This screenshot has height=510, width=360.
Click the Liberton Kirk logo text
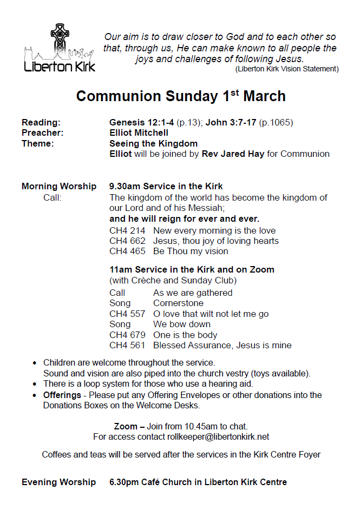click(x=60, y=67)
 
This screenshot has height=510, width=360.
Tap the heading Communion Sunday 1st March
click(x=180, y=96)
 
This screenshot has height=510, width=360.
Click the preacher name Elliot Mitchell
click(x=139, y=133)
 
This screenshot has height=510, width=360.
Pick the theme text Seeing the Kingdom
click(x=153, y=143)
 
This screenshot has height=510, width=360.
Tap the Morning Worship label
click(x=59, y=187)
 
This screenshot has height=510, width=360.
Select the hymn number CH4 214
click(x=127, y=231)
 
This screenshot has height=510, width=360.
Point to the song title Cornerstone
click(x=178, y=303)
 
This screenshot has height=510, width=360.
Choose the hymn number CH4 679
click(x=127, y=335)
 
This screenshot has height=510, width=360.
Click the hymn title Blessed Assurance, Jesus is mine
click(x=222, y=345)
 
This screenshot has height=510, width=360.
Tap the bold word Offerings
click(x=62, y=395)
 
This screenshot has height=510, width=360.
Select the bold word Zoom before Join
click(x=126, y=426)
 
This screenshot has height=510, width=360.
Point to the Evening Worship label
click(x=58, y=482)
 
